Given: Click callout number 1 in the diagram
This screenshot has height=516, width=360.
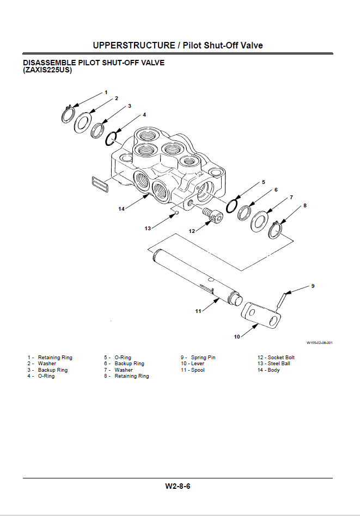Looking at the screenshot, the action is pyautogui.click(x=106, y=93).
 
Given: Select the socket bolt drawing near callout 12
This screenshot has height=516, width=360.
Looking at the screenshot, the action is pyautogui.click(x=213, y=215).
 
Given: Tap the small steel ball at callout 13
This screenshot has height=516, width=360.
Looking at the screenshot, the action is pyautogui.click(x=176, y=213).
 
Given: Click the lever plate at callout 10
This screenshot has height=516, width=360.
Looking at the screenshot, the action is pyautogui.click(x=261, y=316).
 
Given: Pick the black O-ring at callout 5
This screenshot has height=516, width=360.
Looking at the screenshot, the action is pyautogui.click(x=232, y=206).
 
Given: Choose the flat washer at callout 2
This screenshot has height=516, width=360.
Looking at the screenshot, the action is pyautogui.click(x=82, y=122).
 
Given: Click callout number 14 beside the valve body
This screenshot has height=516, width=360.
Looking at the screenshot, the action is pyautogui.click(x=121, y=209).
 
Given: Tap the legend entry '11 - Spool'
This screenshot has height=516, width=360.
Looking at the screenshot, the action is pyautogui.click(x=193, y=370).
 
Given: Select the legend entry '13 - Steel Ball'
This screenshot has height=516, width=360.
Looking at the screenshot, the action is pyautogui.click(x=274, y=364).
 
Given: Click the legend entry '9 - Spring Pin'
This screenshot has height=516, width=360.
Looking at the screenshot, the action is pyautogui.click(x=198, y=358).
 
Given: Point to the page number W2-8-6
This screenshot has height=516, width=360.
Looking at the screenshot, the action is pyautogui.click(x=178, y=486).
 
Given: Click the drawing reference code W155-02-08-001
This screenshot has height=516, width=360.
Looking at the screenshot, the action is pyautogui.click(x=320, y=343).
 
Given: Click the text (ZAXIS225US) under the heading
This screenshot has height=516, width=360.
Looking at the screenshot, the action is pyautogui.click(x=47, y=70).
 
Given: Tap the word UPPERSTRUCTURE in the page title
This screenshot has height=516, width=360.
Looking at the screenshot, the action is pyautogui.click(x=134, y=45).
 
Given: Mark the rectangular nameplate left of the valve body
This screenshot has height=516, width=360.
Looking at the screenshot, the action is pyautogui.click(x=100, y=184).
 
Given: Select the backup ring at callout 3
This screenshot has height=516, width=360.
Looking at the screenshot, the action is pyautogui.click(x=98, y=131).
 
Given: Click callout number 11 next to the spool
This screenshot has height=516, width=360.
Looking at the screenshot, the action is pyautogui.click(x=198, y=311).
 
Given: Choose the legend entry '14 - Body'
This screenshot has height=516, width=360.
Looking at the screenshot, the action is pyautogui.click(x=269, y=370).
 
